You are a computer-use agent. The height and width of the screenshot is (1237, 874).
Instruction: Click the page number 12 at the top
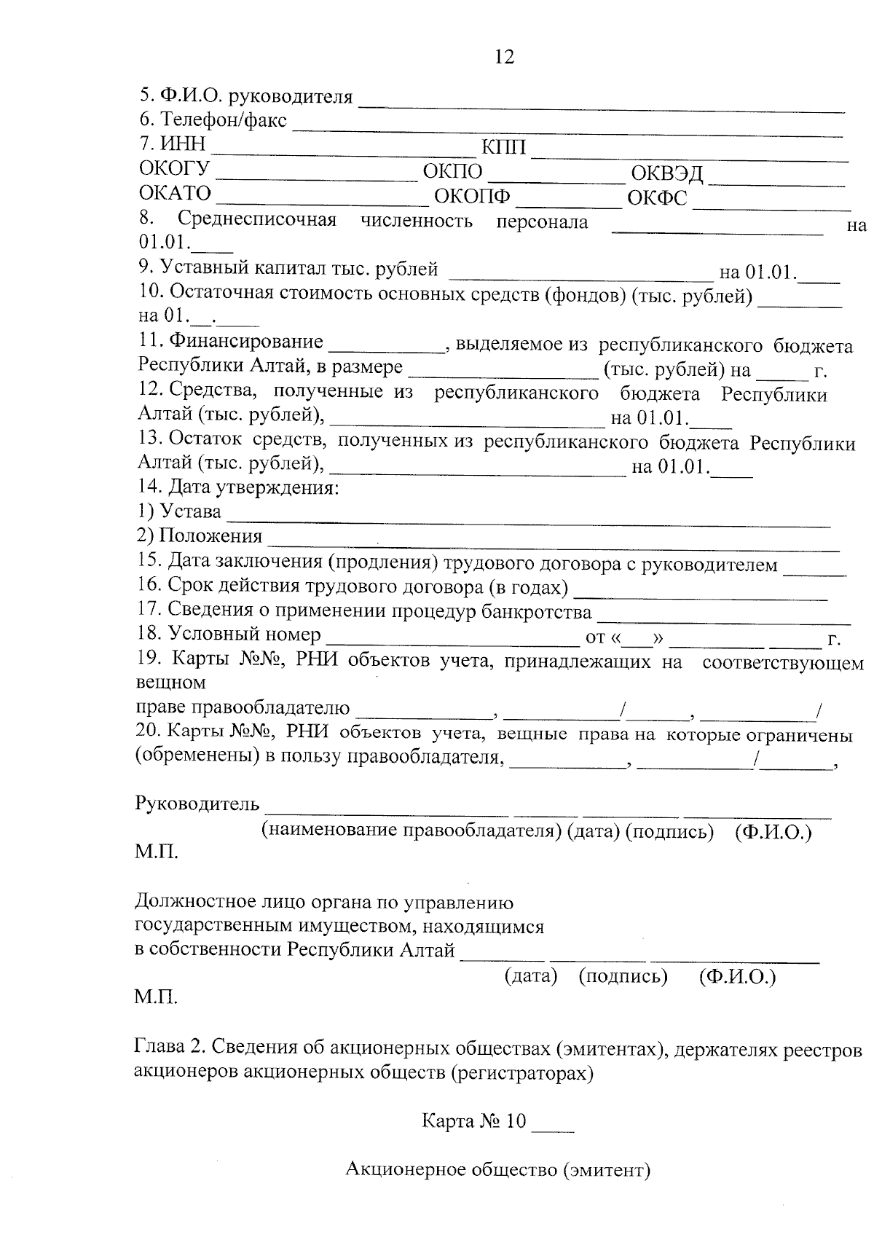coord(504,57)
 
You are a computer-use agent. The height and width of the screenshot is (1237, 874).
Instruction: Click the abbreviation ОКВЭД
coord(666,173)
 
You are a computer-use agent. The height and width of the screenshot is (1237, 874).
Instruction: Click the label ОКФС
coord(657,198)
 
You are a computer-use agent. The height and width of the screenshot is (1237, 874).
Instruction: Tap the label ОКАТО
coord(175,194)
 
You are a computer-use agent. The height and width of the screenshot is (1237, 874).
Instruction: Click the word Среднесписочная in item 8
coord(257,220)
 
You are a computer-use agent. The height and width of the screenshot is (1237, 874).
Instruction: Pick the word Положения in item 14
coord(211,537)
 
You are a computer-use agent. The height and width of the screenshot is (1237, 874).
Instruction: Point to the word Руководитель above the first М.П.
coord(197,804)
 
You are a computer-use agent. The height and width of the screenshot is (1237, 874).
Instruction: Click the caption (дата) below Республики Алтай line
coord(531,976)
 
